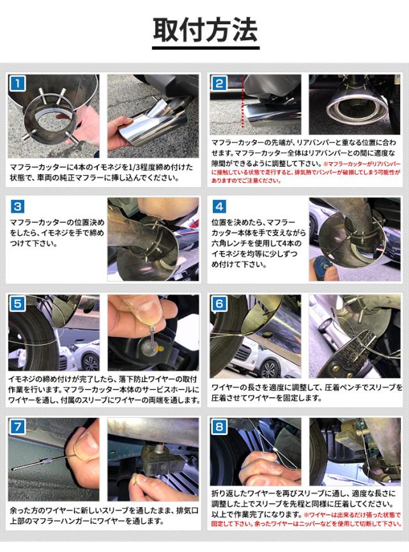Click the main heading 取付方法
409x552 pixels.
click(x=205, y=31)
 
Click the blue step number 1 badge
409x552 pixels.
click(x=18, y=84)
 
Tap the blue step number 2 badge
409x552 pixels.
click(x=219, y=84)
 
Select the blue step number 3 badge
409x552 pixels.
click(x=18, y=206)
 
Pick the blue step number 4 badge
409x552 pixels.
click(x=219, y=206)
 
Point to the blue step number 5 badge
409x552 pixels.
click(x=18, y=304)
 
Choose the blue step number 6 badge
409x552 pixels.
click(x=219, y=304)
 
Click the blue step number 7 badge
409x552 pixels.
click(x=18, y=427)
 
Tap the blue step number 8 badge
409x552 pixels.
click(x=219, y=427)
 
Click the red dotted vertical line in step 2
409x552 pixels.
click(x=243, y=102)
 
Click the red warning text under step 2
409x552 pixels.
click(x=305, y=172)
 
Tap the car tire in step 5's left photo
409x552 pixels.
click(x=32, y=334)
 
